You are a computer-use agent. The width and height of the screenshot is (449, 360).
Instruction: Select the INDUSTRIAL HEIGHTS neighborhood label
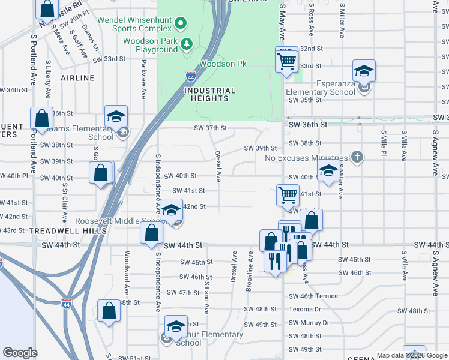coord(205,95)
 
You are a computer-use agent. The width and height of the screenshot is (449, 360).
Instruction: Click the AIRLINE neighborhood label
coord(77,78)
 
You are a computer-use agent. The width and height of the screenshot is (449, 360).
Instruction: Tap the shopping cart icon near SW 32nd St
coord(287,59)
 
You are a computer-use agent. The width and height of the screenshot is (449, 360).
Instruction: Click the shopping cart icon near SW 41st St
coord(288,194)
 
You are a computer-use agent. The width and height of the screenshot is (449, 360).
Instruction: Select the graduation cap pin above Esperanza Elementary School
coord(364,71)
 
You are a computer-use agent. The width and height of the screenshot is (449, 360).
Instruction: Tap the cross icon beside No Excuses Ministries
coord(357,158)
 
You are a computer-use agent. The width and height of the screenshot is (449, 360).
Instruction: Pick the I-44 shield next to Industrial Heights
coord(190,76)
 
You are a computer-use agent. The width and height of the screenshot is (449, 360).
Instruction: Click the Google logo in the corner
coord(20,353)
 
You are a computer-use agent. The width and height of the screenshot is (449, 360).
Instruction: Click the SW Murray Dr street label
coord(309,323)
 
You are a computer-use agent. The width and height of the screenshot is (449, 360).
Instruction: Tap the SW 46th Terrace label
coord(313,296)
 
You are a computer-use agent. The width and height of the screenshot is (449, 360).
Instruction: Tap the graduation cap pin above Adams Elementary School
coord(116,117)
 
